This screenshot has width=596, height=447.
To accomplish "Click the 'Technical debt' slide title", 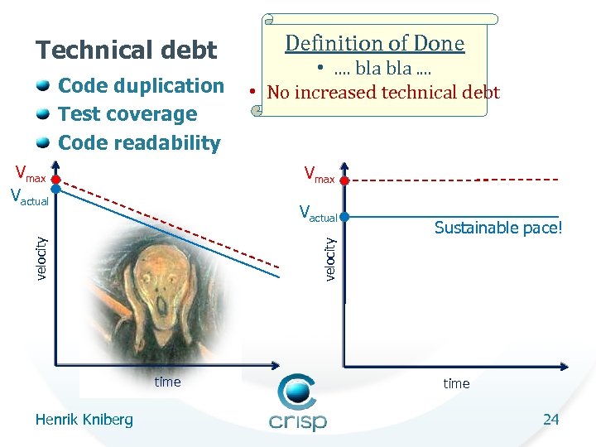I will click(x=126, y=50).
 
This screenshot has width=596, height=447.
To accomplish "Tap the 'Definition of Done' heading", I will click(x=375, y=43).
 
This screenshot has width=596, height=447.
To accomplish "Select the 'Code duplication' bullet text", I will click(x=142, y=86).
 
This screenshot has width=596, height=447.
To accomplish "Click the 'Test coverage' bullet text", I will click(x=127, y=114).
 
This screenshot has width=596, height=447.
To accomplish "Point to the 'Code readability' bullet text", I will click(x=140, y=142).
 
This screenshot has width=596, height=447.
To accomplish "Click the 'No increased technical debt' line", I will click(x=383, y=92).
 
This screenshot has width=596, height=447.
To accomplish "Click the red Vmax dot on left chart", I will click(x=55, y=179).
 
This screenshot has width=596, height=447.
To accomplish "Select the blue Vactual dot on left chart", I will click(x=55, y=189).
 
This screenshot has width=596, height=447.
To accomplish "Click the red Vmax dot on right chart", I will click(x=344, y=179).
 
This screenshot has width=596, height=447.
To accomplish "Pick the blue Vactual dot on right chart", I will click(x=344, y=217).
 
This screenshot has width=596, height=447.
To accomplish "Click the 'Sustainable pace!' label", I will click(x=498, y=228).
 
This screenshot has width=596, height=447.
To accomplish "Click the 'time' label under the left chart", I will click(x=167, y=382).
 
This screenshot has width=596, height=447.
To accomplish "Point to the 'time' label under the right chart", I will click(x=456, y=383).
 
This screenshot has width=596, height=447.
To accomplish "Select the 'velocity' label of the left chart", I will click(x=41, y=257).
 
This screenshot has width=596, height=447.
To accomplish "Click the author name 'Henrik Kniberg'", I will click(x=84, y=420).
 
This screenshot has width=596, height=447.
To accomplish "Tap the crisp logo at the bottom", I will click(x=298, y=404).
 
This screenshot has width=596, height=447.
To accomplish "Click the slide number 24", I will click(x=551, y=420).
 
